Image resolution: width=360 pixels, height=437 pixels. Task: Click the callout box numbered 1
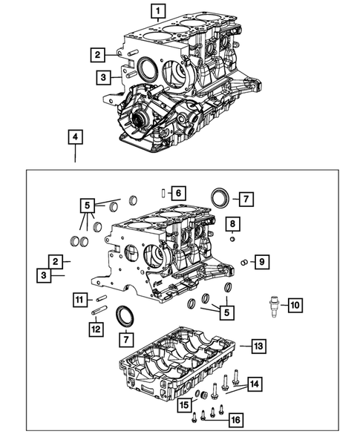157,10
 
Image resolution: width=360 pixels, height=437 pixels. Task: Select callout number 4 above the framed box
75,137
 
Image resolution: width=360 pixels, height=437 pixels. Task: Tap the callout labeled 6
177,193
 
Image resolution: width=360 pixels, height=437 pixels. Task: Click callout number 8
232,224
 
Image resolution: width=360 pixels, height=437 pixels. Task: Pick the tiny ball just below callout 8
232,239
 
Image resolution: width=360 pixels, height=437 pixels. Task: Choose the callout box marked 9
261,261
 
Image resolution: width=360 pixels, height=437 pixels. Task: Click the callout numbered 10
295,304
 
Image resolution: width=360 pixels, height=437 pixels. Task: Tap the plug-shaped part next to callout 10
273,305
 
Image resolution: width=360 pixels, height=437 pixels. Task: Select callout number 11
79,299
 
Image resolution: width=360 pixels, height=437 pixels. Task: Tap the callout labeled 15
183,404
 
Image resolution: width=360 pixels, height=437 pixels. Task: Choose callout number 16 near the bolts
235,420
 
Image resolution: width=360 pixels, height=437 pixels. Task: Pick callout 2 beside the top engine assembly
97,53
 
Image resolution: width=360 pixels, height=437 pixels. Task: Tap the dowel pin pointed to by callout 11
102,300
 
